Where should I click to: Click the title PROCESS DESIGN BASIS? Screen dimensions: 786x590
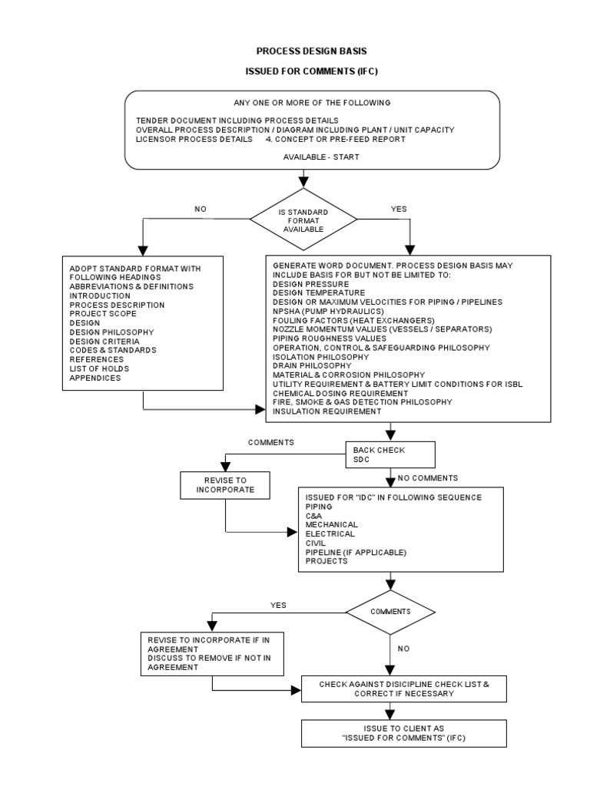pyautogui.click(x=311, y=51)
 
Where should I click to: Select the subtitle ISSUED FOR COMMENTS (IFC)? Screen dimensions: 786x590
pyautogui.click(x=311, y=71)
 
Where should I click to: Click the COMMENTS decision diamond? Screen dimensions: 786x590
pyautogui.click(x=390, y=612)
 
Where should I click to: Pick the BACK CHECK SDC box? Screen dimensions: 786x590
pyautogui.click(x=390, y=454)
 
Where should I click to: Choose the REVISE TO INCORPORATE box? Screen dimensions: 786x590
pyautogui.click(x=225, y=484)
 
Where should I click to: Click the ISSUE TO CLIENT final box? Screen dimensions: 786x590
pyautogui.click(x=404, y=732)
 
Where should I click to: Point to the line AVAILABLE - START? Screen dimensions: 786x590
pyautogui.click(x=312, y=156)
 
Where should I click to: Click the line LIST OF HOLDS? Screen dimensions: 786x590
pyautogui.click(x=101, y=368)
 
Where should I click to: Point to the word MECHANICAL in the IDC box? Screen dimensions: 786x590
pyautogui.click(x=332, y=524)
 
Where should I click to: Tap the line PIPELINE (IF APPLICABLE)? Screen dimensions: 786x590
pyautogui.click(x=356, y=552)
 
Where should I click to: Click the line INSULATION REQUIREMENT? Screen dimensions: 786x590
pyautogui.click(x=327, y=411)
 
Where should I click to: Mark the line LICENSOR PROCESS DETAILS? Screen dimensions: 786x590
pyautogui.click(x=193, y=139)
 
